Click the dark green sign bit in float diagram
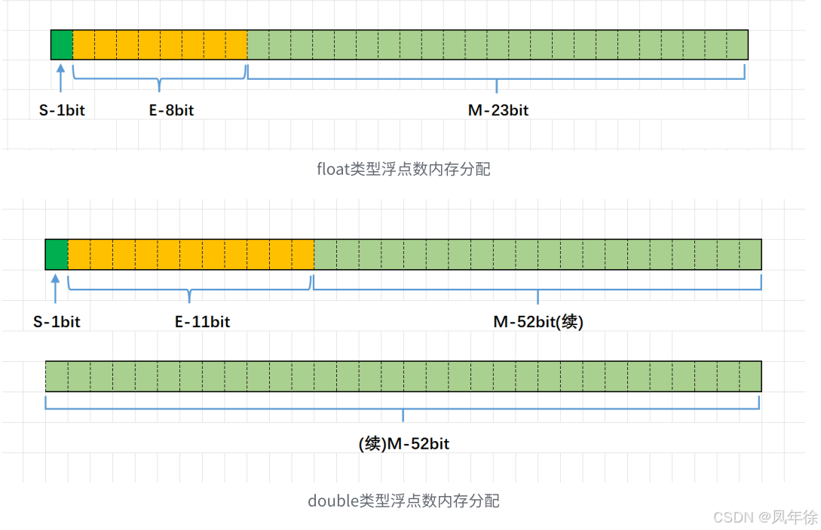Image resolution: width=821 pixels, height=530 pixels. [x=62, y=45]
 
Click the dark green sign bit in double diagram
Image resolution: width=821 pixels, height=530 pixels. [x=57, y=254]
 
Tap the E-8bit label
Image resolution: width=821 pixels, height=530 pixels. [x=171, y=110]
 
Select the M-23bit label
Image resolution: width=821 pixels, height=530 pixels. [x=498, y=110]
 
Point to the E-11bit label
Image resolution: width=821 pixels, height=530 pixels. [x=202, y=322]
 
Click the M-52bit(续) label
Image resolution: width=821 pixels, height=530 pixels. [x=538, y=322]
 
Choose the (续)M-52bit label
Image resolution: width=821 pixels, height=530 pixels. [x=404, y=444]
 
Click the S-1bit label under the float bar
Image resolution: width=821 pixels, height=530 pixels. [x=62, y=110]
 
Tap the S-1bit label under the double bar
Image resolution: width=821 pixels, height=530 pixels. [x=57, y=322]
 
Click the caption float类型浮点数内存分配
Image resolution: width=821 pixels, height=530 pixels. [x=404, y=169]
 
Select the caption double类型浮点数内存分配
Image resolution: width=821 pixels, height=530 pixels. [x=404, y=501]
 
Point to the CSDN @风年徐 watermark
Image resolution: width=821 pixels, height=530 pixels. [x=764, y=516]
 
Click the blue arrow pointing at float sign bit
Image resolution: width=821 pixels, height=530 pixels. [x=61, y=78]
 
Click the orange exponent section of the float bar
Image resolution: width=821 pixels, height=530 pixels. [x=160, y=45]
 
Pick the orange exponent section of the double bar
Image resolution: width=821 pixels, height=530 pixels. [x=191, y=254]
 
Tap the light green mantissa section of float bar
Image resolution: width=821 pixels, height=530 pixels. [x=498, y=45]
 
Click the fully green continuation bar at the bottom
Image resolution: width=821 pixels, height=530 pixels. [x=403, y=376]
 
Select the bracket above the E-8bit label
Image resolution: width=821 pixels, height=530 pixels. [x=160, y=75]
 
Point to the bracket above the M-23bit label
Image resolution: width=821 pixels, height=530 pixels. [x=496, y=75]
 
